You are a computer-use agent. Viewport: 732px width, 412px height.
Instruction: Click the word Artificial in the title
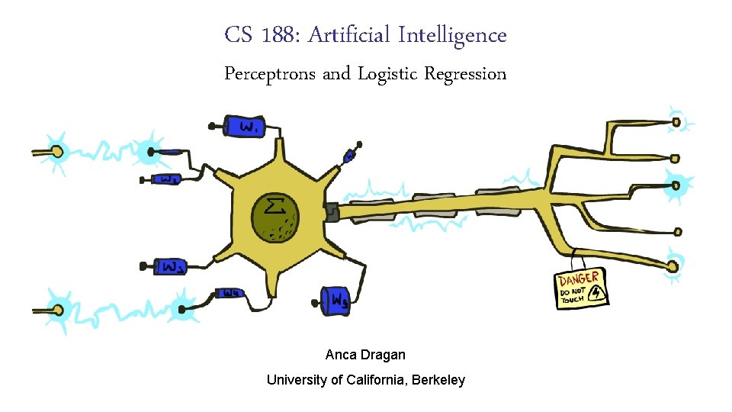[352, 35]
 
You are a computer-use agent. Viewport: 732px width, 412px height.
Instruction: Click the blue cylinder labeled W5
[336, 299]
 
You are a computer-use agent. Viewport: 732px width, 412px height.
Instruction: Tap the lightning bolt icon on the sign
[596, 294]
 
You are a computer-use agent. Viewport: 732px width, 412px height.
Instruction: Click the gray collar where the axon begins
[332, 211]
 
